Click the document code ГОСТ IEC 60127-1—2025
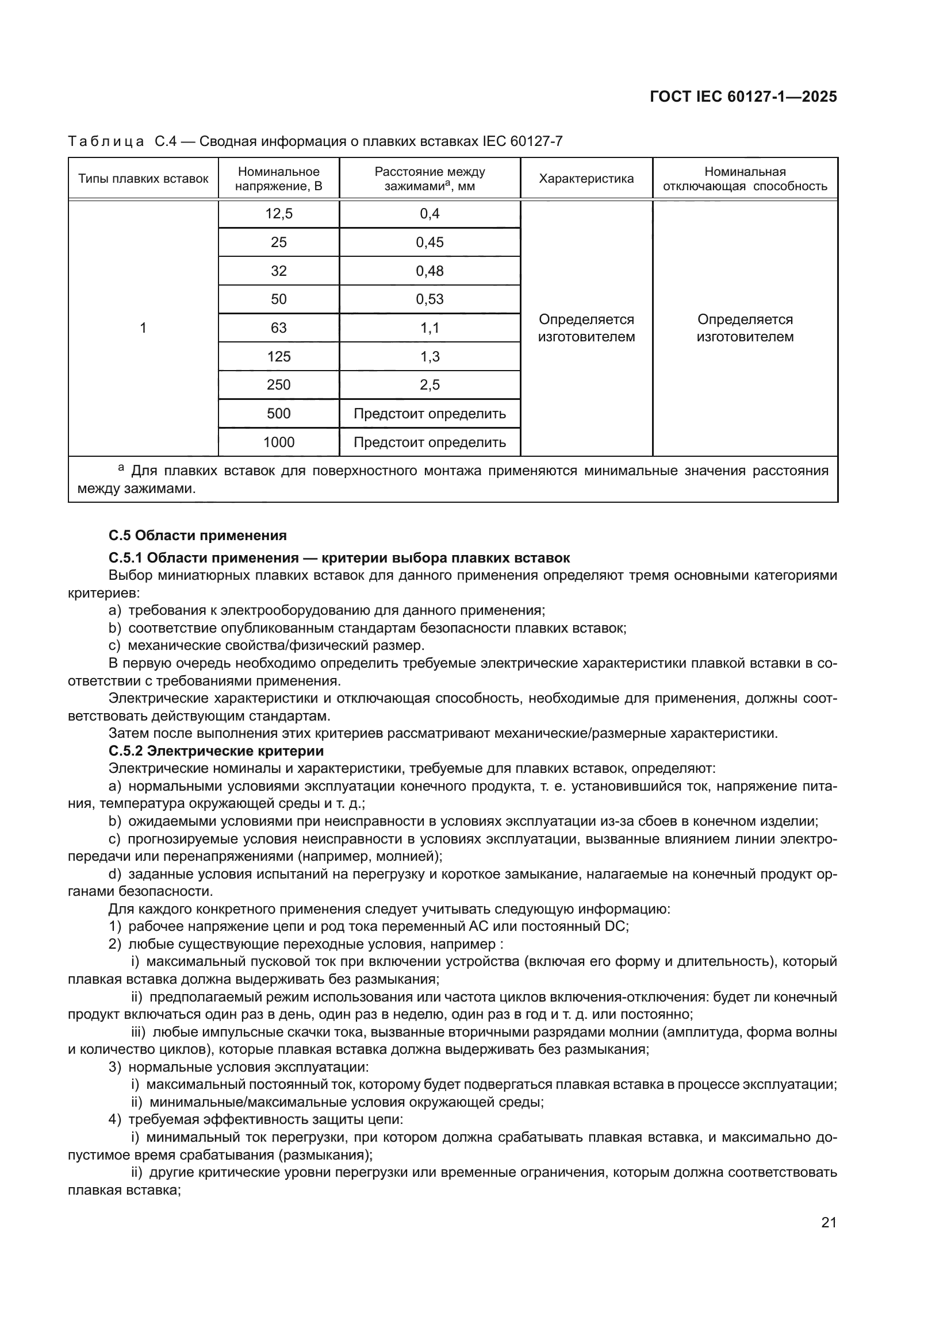(743, 97)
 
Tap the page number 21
(829, 1222)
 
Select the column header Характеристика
(586, 179)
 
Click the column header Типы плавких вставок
(144, 179)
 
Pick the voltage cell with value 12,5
(279, 214)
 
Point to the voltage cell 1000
(279, 442)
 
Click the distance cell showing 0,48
(430, 271)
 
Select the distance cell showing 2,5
(430, 384)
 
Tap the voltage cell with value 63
(279, 328)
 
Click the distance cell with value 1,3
(430, 356)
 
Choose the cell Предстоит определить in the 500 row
(430, 414)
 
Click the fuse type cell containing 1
(143, 328)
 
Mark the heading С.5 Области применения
(197, 535)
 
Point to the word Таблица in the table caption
(106, 141)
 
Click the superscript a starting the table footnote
(121, 467)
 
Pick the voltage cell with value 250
(279, 384)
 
